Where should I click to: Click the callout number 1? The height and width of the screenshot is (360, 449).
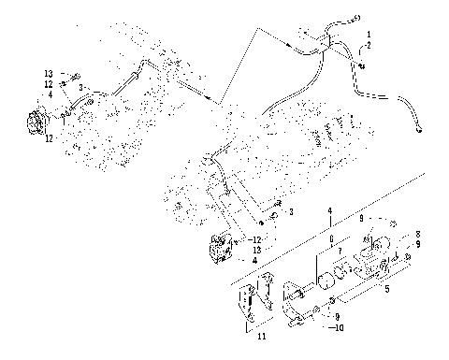369,36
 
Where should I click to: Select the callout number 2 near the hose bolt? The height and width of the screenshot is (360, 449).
369,45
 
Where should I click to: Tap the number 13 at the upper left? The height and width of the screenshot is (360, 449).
50,72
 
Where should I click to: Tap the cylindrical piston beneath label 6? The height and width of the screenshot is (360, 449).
326,281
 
